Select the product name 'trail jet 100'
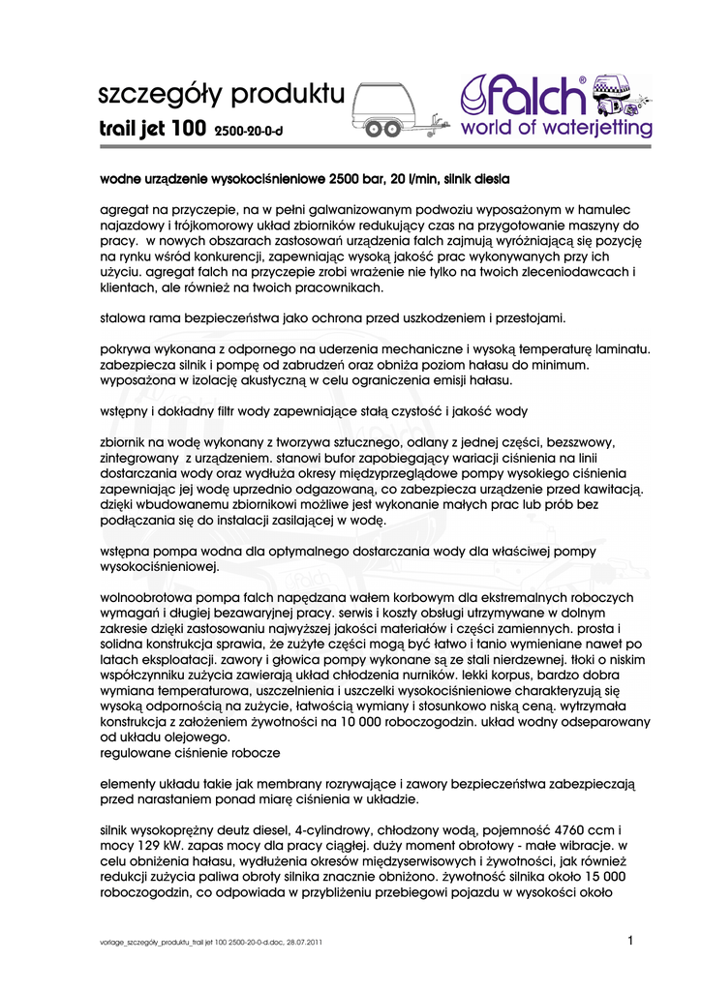(152, 128)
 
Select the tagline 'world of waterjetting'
(555, 129)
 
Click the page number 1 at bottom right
(630, 940)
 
